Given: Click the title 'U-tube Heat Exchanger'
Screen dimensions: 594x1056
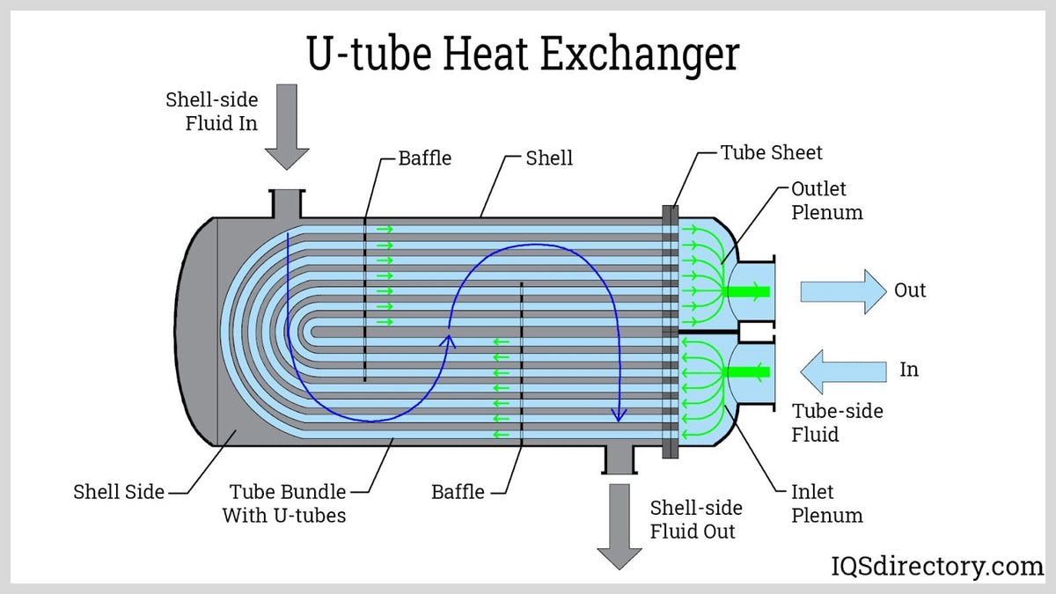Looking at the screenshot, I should pyautogui.click(x=523, y=54).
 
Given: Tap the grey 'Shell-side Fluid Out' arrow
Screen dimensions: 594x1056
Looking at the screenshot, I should pyautogui.click(x=620, y=528).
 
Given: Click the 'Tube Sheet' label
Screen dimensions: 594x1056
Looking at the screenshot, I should pyautogui.click(x=771, y=152).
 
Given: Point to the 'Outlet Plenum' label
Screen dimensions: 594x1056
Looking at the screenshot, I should pyautogui.click(x=826, y=201).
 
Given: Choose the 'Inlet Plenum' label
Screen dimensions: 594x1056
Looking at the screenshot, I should pyautogui.click(x=826, y=503).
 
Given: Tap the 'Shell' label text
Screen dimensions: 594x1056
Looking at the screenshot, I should pyautogui.click(x=549, y=158).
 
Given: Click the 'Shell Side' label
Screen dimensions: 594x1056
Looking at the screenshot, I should pyautogui.click(x=119, y=492).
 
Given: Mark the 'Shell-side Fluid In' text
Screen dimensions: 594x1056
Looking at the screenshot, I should pyautogui.click(x=212, y=112).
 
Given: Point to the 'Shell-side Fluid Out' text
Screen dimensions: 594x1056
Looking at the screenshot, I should pyautogui.click(x=695, y=519).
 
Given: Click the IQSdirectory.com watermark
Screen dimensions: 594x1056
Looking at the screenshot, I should pyautogui.click(x=937, y=566).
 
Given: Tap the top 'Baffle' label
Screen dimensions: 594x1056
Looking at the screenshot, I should pyautogui.click(x=424, y=158).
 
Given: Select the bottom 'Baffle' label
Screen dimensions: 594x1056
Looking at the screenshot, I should pyautogui.click(x=458, y=492).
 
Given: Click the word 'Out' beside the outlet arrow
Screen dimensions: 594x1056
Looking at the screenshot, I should pyautogui.click(x=910, y=290).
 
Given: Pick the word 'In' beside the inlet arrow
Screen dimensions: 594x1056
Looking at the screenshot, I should pyautogui.click(x=909, y=370).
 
